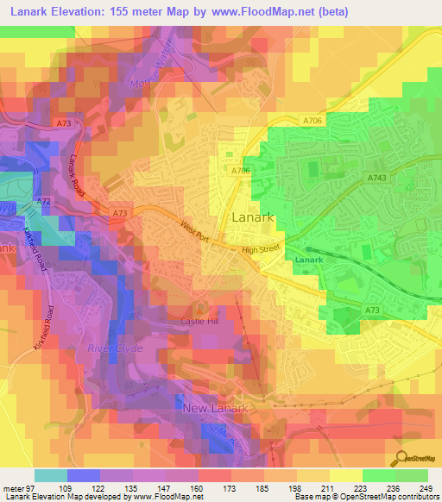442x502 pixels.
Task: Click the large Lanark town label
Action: coord(254,217)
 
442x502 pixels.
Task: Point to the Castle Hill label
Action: coord(201,321)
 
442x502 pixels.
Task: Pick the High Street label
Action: coord(262,250)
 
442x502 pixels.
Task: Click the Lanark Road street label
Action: coord(79,173)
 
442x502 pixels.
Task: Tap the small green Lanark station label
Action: coord(308,260)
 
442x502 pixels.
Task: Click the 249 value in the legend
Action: coord(426,487)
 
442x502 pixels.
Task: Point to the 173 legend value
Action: coord(229,487)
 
